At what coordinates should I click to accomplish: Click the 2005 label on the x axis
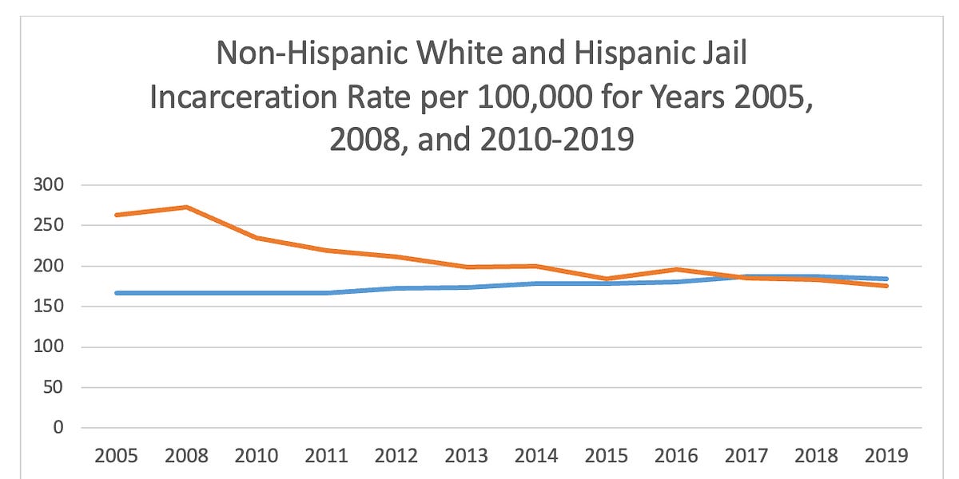click(x=117, y=456)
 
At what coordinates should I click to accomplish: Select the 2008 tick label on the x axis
click(x=187, y=456)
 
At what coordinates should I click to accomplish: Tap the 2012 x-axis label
click(x=397, y=456)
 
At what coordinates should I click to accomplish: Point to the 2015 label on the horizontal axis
click(x=607, y=456)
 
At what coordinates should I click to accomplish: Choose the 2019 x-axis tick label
click(x=886, y=456)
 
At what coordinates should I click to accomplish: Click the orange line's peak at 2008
click(x=187, y=208)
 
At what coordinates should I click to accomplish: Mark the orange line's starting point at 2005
click(x=117, y=215)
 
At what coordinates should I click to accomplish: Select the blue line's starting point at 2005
click(x=117, y=293)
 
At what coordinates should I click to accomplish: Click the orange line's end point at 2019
click(x=886, y=285)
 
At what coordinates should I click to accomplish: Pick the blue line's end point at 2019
click(x=886, y=279)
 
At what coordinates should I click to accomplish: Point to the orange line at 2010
click(x=257, y=238)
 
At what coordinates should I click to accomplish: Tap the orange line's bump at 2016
click(x=677, y=270)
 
